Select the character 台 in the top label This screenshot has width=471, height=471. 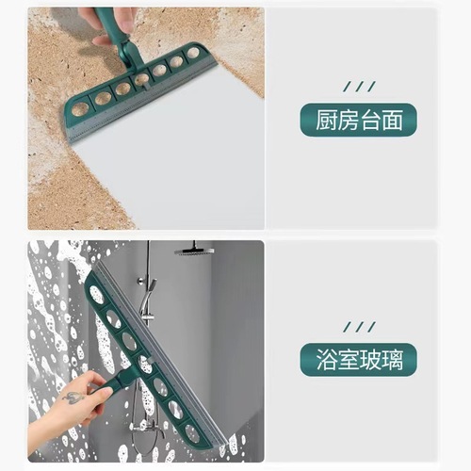tap(371, 120)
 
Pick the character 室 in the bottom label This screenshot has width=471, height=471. tap(347, 361)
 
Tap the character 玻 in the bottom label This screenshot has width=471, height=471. tap(371, 361)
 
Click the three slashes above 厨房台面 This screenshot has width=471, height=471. tap(358, 86)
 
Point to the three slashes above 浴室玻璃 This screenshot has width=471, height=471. tap(358, 327)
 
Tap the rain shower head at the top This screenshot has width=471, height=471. tap(194, 252)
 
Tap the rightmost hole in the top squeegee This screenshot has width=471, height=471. tap(193, 53)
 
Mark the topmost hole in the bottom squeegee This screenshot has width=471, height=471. tap(97, 295)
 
